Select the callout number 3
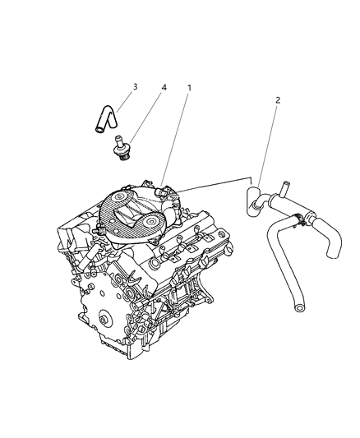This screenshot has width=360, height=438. pos(136,85)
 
